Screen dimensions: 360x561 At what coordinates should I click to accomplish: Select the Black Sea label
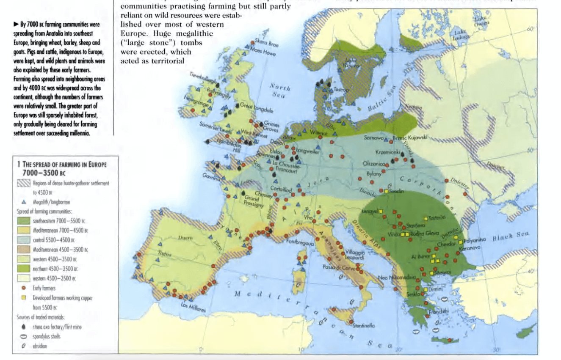[x=511, y=237]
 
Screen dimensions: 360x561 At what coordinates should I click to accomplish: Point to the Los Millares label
[x=193, y=307]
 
